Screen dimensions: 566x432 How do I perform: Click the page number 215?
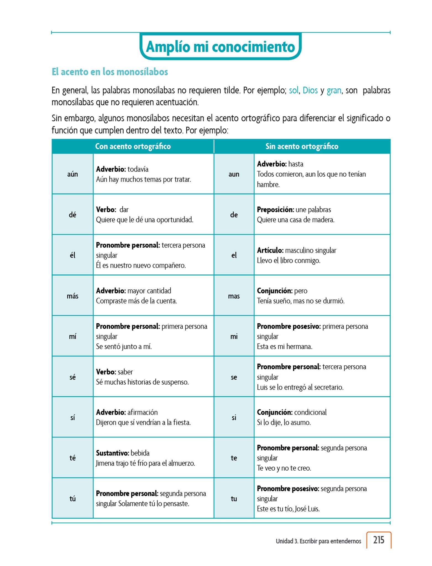click(378, 540)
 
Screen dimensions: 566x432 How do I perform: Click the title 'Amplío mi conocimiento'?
click(220, 47)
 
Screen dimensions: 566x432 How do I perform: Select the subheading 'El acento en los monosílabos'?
click(110, 72)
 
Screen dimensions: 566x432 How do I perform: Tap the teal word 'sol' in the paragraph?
click(294, 90)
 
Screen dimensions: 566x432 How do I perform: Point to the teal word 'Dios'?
click(310, 90)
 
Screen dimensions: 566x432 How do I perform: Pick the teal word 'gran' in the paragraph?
click(334, 90)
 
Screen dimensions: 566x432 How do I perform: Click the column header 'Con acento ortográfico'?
click(133, 146)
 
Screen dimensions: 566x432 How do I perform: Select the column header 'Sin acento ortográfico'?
click(302, 146)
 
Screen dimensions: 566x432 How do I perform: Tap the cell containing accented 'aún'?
click(72, 174)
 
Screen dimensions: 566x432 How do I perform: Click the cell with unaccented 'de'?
click(234, 215)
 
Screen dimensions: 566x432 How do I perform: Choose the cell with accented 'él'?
click(72, 255)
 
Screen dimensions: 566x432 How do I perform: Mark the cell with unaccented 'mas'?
click(234, 296)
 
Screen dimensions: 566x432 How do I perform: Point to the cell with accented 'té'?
click(72, 458)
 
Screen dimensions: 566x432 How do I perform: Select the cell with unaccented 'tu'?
click(234, 499)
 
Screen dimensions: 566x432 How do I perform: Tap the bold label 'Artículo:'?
click(270, 250)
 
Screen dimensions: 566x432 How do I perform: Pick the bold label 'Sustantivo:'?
click(112, 453)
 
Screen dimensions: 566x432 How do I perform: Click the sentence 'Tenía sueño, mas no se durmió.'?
click(301, 301)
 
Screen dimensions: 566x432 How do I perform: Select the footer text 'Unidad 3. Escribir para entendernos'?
click(318, 541)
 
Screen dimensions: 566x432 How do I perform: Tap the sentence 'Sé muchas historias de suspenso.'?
click(142, 382)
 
